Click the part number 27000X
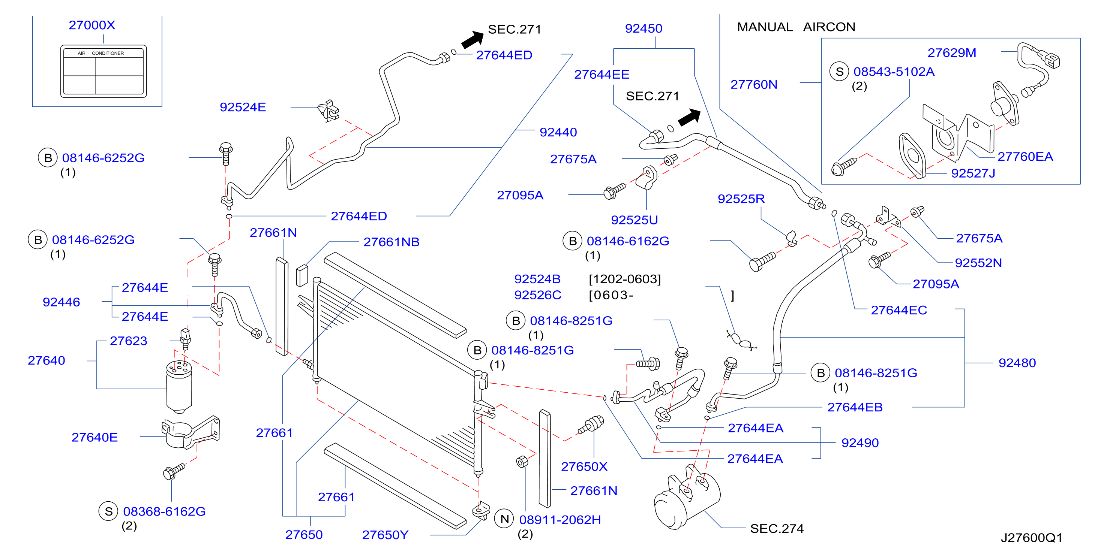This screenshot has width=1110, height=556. (92, 25)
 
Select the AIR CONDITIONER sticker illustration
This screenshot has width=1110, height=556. (103, 71)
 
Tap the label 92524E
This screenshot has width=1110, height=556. (243, 107)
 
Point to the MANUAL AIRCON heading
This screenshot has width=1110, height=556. (796, 27)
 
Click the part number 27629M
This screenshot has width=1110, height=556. (951, 52)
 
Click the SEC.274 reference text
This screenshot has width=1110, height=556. (777, 528)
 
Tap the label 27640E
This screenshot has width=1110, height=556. (94, 437)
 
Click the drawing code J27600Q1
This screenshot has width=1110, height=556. (1031, 538)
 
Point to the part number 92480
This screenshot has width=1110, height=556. (1017, 363)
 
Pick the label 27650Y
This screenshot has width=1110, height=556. (385, 535)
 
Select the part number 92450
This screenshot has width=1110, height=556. (643, 28)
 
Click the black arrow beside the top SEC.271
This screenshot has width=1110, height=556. (473, 39)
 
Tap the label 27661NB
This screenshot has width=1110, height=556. (391, 242)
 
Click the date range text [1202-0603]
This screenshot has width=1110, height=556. (624, 279)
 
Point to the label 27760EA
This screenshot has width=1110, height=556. (1025, 156)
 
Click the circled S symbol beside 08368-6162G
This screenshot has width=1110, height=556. (109, 511)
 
